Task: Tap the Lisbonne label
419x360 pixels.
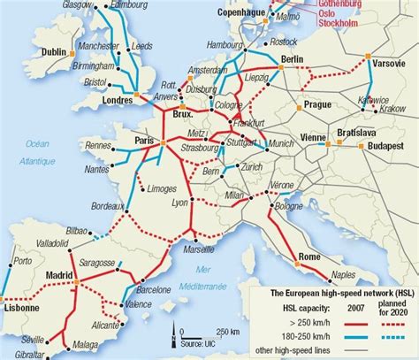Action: (20, 309)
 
